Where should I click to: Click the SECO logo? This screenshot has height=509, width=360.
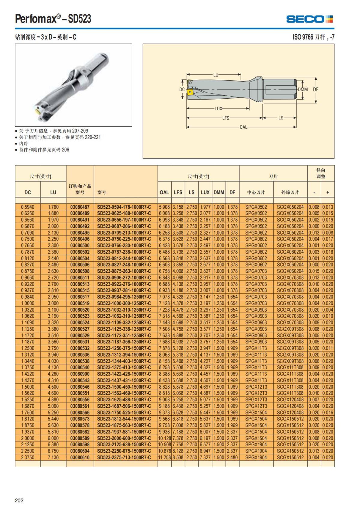(309, 19)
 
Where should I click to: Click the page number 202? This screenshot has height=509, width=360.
(19, 500)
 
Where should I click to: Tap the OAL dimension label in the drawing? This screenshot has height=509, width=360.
(243, 127)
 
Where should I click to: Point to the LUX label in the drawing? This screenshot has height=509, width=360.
(218, 109)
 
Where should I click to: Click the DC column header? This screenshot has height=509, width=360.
(28, 193)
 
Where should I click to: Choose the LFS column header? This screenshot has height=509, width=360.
(178, 193)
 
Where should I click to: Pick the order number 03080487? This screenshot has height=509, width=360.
(80, 207)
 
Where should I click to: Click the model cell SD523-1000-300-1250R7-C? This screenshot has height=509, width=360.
(124, 303)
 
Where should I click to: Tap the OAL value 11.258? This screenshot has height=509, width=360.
(164, 457)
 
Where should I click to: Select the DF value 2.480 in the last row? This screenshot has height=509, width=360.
(232, 457)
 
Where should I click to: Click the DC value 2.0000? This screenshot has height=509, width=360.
(28, 438)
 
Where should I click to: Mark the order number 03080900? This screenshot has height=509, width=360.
(80, 374)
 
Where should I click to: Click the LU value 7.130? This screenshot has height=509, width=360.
(53, 457)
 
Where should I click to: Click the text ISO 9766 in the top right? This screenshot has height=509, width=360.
(303, 37)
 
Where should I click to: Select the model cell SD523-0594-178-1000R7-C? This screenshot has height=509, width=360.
(124, 207)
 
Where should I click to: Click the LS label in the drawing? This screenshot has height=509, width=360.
(281, 118)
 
